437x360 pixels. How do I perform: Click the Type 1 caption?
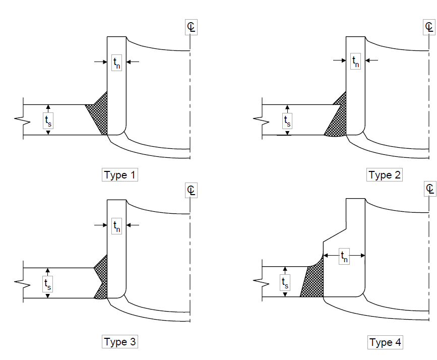120,175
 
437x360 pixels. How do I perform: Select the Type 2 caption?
385,175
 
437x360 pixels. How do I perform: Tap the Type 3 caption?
120,341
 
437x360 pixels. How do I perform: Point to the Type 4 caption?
385,342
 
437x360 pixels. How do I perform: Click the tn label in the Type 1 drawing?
116,63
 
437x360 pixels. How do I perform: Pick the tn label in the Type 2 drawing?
356,62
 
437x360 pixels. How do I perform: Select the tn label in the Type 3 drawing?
116,226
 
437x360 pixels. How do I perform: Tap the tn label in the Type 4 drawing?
344,256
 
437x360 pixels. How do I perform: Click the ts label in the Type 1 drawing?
48,121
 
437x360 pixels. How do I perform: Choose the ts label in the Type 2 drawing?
287,121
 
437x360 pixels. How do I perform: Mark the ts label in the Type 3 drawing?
47,284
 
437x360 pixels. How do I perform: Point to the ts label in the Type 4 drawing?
285,283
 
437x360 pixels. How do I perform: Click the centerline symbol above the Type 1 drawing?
191,27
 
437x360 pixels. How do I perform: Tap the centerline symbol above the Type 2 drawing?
429,27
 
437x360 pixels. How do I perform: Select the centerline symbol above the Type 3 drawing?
191,190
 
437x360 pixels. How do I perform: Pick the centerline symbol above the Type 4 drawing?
430,189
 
